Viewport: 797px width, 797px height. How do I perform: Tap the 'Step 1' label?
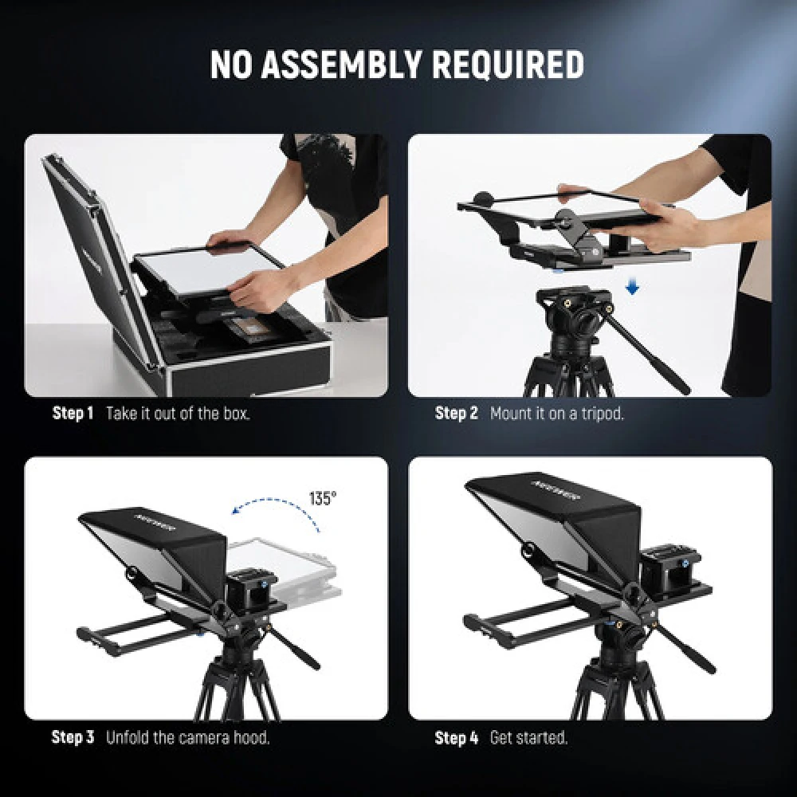tap(73, 413)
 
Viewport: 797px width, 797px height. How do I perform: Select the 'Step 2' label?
tap(456, 413)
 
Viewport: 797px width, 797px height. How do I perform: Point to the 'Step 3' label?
tap(73, 737)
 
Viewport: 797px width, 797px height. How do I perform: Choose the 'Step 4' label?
tap(456, 738)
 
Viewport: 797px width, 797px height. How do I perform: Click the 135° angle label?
tap(323, 498)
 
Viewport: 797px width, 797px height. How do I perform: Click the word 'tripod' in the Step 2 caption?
tap(603, 413)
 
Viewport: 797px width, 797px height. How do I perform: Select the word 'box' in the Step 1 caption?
tap(236, 413)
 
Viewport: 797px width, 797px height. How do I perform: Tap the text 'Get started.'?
tap(528, 738)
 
